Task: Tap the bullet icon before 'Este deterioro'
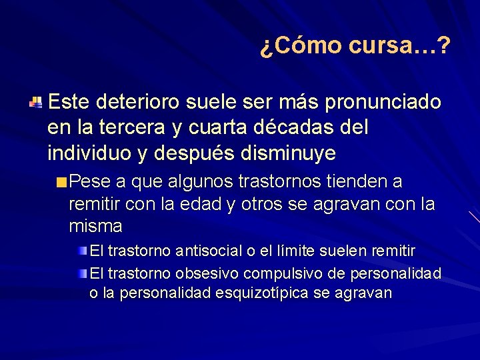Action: pyautogui.click(x=36, y=103)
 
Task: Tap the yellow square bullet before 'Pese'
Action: pyautogui.click(x=61, y=183)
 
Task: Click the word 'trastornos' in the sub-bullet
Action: pyautogui.click(x=287, y=182)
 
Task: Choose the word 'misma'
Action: pyautogui.click(x=95, y=226)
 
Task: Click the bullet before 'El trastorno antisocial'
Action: pyautogui.click(x=83, y=251)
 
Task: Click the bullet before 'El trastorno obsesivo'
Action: pyautogui.click(x=83, y=273)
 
